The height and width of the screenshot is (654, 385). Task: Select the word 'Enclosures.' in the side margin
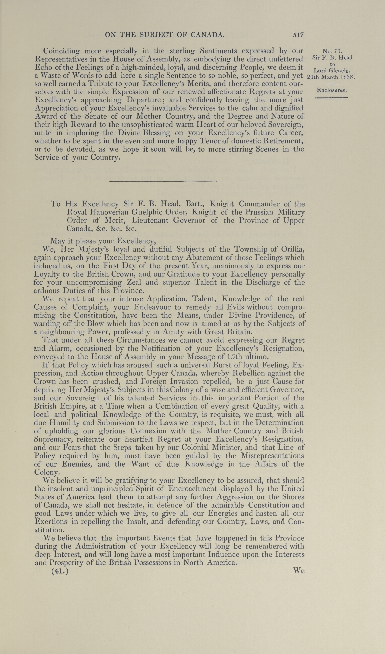click(x=332, y=90)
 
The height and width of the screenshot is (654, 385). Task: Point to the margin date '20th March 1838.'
click(x=331, y=77)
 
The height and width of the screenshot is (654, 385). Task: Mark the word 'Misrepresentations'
click(x=272, y=456)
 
